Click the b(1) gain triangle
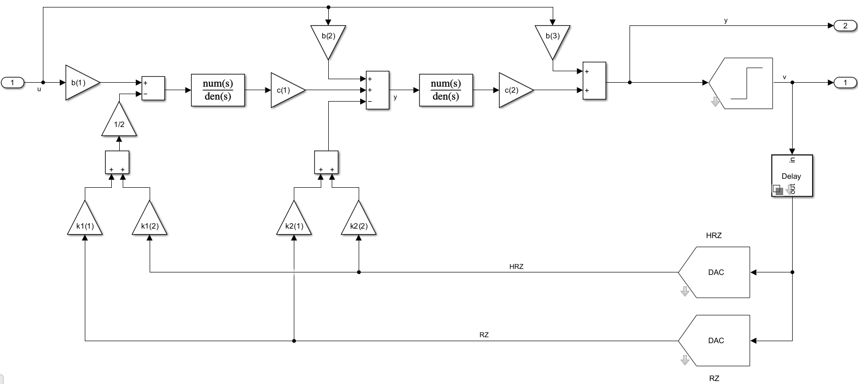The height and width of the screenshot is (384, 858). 80,83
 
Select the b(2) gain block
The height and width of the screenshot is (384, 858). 328,39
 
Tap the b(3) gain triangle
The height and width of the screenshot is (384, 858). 552,39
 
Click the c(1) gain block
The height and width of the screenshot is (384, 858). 285,90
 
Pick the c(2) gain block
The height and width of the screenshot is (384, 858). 513,90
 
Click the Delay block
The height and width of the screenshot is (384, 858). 792,176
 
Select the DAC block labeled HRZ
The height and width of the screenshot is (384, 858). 715,272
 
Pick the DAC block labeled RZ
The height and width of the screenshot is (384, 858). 715,341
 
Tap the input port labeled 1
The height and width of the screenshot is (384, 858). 13,83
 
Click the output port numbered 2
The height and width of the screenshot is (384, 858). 845,26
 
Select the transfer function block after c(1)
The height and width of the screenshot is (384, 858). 445,90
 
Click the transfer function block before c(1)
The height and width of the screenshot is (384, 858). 218,90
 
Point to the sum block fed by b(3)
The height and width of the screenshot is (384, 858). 594,81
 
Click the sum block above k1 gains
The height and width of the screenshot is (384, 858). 117,162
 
